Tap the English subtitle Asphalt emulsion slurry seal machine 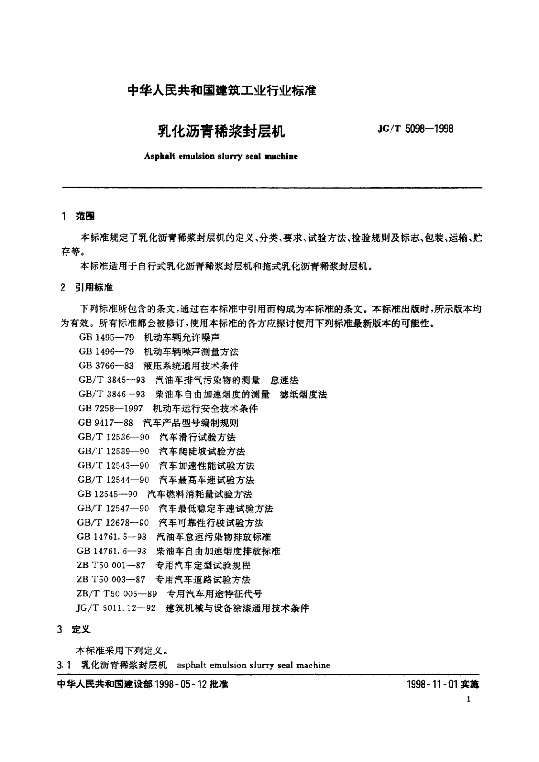[x=221, y=157]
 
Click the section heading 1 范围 [x=78, y=217]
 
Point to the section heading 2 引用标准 [x=87, y=288]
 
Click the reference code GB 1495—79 [x=106, y=338]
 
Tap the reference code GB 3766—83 [x=106, y=366]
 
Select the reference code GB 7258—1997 [x=110, y=409]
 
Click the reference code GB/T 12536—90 [x=113, y=437]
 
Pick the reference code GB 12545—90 [x=107, y=494]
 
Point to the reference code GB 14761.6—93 [x=111, y=551]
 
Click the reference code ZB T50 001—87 [x=111, y=566]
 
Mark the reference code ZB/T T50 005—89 [x=117, y=594]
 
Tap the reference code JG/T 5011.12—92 [x=116, y=609]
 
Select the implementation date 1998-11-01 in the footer [x=433, y=685]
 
